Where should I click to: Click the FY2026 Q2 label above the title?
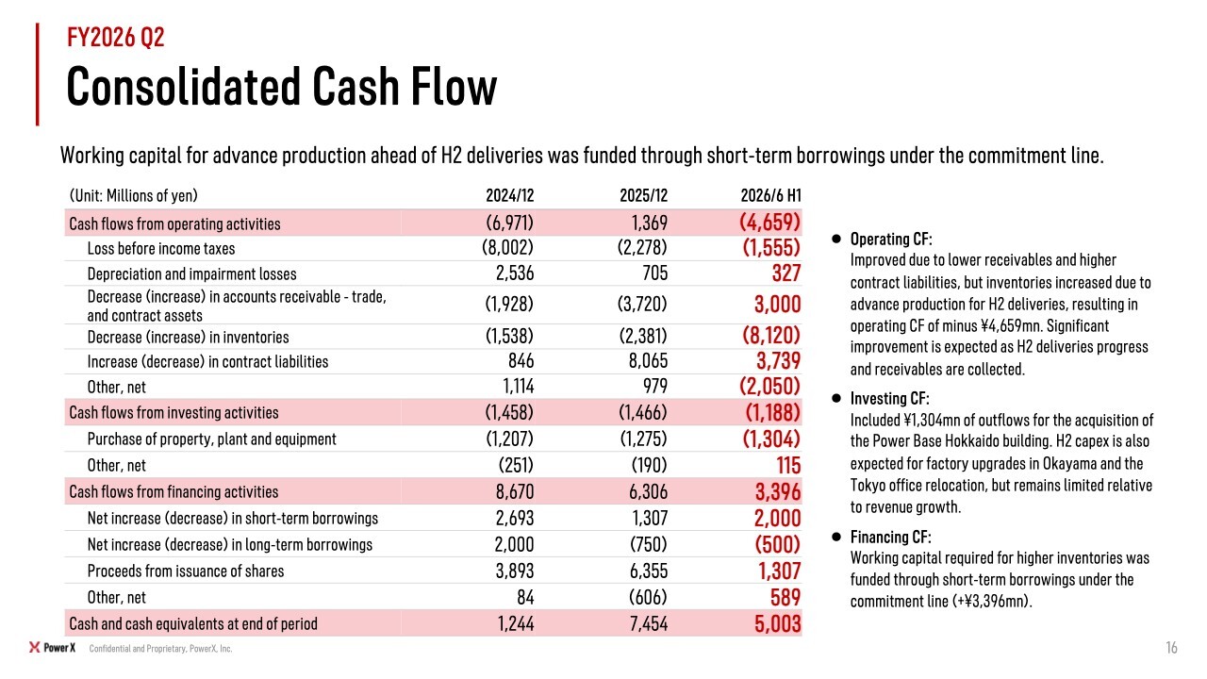[x=115, y=37]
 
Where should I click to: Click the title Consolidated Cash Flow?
[x=281, y=87]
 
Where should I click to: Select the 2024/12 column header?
[x=510, y=195]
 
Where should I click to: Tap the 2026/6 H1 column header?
[x=770, y=195]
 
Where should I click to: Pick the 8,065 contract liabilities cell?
[x=648, y=360]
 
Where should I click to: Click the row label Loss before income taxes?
[x=161, y=248]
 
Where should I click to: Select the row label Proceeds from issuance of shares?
[x=186, y=571]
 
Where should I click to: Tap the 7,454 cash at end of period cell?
[x=648, y=623]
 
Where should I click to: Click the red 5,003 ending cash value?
[x=778, y=623]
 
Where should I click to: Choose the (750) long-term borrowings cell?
[x=648, y=544]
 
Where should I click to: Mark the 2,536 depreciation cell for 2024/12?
[x=515, y=273]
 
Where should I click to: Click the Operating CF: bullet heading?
[x=891, y=239]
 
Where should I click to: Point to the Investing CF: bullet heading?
[x=889, y=398]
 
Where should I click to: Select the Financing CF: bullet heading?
[x=891, y=537]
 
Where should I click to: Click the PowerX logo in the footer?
[x=52, y=647]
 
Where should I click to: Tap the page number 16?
[x=1171, y=647]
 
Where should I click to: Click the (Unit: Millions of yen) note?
[x=134, y=195]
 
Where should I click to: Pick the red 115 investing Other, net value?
[x=788, y=465]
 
